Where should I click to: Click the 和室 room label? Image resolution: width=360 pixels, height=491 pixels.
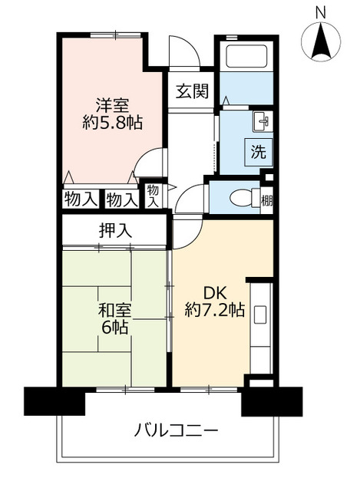pos(114,311)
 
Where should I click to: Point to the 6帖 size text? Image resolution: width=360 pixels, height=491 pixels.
pos(114,328)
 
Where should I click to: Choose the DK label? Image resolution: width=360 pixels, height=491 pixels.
pos(214,292)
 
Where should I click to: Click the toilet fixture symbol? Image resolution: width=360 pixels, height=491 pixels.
pos(242,198)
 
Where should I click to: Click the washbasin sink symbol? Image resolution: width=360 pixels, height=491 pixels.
pos(261,121)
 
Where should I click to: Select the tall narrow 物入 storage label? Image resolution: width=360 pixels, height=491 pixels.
pos(153,195)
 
